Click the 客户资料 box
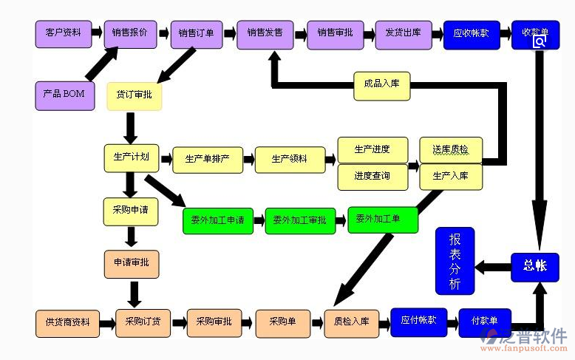pyautogui.click(x=63, y=33)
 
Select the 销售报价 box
pyautogui.click(x=129, y=33)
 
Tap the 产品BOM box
pyautogui.click(x=64, y=95)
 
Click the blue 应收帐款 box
pyautogui.click(x=471, y=34)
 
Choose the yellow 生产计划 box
pyautogui.click(x=132, y=157)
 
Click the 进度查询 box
pyautogui.click(x=372, y=177)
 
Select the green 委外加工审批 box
pyautogui.click(x=299, y=220)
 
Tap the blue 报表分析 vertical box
pyautogui.click(x=455, y=261)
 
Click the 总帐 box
pyautogui.click(x=534, y=266)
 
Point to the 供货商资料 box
pyautogui.click(x=67, y=322)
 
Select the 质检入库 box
pyautogui.click(x=351, y=322)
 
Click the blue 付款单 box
pyautogui.click(x=484, y=322)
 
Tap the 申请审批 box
pyautogui.click(x=132, y=264)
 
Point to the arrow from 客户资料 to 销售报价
pyautogui.click(x=96, y=33)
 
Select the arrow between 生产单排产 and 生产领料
pyautogui.click(x=248, y=159)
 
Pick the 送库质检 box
pyautogui.click(x=450, y=149)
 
